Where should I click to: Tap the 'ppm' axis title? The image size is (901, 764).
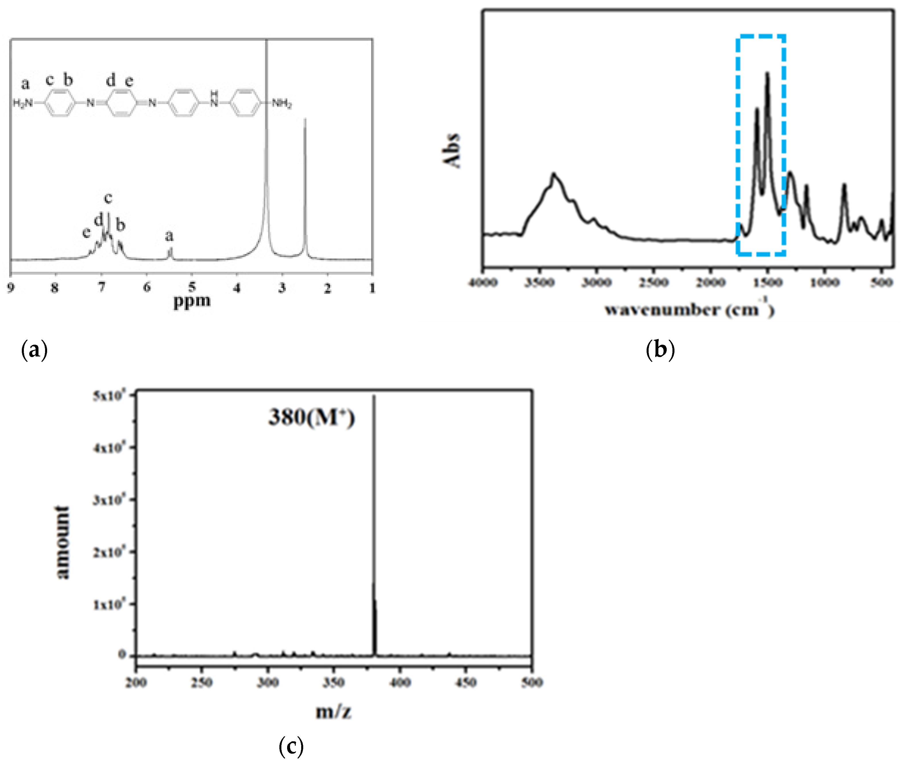tap(192, 300)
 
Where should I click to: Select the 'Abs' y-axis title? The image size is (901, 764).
tap(451, 150)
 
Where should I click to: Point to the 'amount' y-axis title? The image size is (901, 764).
tap(63, 542)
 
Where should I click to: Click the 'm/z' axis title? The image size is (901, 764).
tap(333, 711)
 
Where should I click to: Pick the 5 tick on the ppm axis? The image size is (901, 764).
tap(192, 287)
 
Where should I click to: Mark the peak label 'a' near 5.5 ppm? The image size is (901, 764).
tap(169, 236)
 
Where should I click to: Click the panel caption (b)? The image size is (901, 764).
tap(660, 349)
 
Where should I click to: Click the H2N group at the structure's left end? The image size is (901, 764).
tap(22, 103)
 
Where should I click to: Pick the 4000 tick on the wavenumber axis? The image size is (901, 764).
tap(484, 283)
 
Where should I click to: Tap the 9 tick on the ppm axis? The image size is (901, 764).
tap(10, 287)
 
